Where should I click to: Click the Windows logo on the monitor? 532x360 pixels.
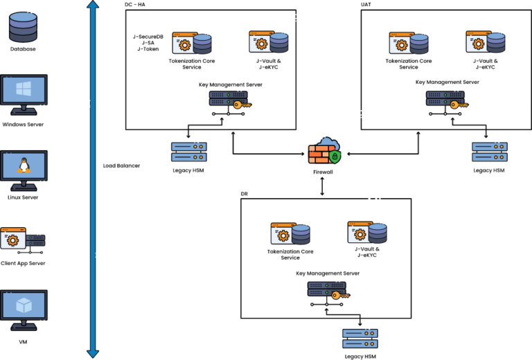[24, 89]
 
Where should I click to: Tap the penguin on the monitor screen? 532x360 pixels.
[24, 165]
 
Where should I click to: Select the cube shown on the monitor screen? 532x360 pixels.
[24, 305]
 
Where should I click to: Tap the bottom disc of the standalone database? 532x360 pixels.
[23, 36]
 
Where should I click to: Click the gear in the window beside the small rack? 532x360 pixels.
[12, 240]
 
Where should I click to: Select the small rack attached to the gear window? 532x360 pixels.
[35, 240]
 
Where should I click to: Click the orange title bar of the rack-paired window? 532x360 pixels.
[12, 230]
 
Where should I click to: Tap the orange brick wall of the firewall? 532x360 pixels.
[320, 154]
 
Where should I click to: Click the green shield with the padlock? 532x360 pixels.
[335, 157]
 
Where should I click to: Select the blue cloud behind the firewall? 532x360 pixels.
[328, 143]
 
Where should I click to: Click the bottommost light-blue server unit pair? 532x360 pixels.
[360, 338]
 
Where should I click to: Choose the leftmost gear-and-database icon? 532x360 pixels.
[192, 43]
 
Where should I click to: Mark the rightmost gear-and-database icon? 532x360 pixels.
[486, 42]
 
